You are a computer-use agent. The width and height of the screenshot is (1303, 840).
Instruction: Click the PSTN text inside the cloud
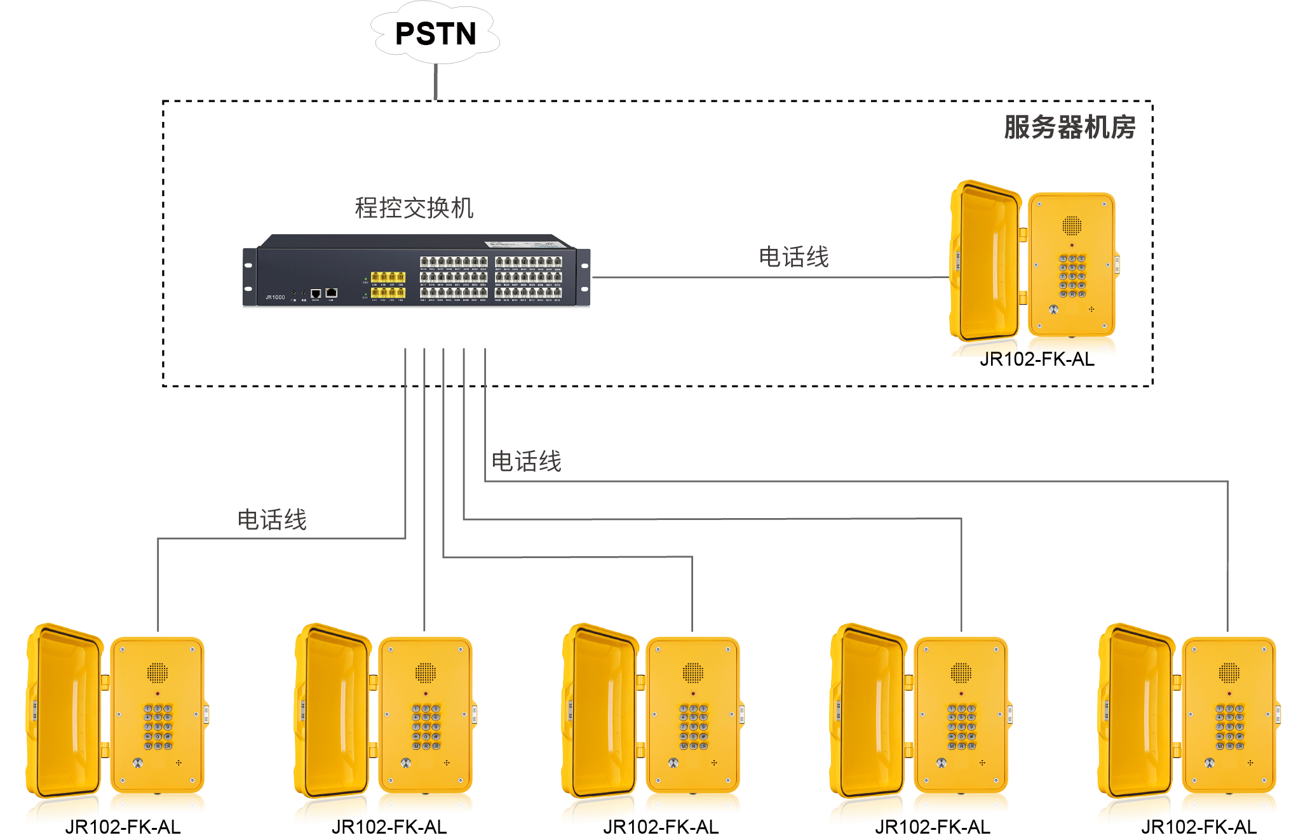435,34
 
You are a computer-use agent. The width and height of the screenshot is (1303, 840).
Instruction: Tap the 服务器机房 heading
1069,127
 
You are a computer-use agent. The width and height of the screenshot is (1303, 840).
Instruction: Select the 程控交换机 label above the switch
414,208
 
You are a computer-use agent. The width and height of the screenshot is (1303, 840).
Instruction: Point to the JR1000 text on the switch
275,297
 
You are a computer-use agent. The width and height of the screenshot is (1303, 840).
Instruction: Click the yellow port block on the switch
388,284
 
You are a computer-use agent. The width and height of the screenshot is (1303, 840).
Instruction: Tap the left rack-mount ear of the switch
249,277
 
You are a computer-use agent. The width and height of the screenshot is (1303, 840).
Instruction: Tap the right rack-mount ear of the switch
584,277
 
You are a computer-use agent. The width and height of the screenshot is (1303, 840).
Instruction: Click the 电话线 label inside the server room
793,257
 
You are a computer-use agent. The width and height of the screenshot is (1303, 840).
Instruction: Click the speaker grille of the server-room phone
1072,225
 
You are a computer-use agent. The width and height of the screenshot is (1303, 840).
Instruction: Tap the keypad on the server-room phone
1072,276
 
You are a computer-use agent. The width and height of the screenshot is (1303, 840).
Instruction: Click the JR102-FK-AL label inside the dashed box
1037,359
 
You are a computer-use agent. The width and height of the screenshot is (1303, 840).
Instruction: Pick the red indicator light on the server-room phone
1072,245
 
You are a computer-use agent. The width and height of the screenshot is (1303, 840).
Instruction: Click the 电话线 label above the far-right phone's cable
527,462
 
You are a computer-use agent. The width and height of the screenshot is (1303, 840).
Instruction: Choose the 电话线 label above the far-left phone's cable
272,519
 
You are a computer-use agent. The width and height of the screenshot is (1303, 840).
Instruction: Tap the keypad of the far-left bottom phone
158,727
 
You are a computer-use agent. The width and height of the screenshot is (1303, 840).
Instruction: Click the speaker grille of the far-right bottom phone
1229,672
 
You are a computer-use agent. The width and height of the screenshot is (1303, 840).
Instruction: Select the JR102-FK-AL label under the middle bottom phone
661,827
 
